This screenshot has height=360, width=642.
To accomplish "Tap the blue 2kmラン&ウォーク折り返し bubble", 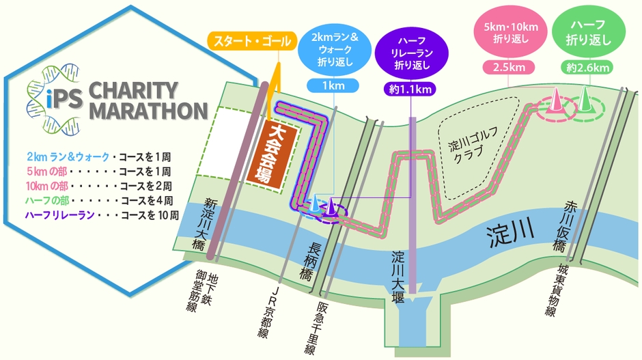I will click(x=335, y=46).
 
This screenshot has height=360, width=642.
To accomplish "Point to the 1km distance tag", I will click(x=335, y=87).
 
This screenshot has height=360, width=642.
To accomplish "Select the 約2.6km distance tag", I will click(x=588, y=67).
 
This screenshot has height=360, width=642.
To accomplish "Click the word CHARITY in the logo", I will click(x=134, y=89).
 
